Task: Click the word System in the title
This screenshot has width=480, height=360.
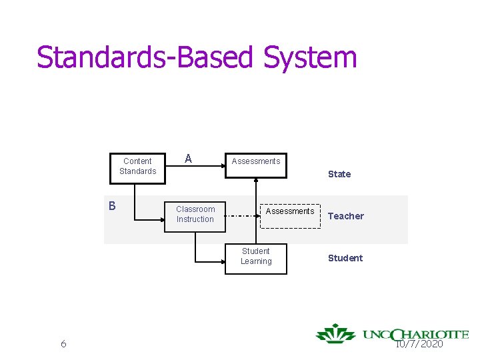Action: pos(311,57)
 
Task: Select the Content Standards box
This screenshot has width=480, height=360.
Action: pos(137,166)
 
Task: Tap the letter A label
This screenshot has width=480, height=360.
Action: pos(188,159)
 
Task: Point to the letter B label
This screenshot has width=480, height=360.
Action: pos(113,205)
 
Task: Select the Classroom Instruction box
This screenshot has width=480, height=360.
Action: pos(195,214)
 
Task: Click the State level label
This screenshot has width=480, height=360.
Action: pos(339,174)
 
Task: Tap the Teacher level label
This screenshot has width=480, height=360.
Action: pos(345,216)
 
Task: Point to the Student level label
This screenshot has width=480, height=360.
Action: pos(345,258)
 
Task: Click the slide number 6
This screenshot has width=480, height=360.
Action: pos(63,344)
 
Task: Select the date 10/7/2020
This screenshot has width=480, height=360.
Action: pos(419,344)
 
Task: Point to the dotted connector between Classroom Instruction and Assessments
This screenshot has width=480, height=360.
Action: pos(240,216)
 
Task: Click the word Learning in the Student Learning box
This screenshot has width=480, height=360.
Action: pos(256,261)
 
